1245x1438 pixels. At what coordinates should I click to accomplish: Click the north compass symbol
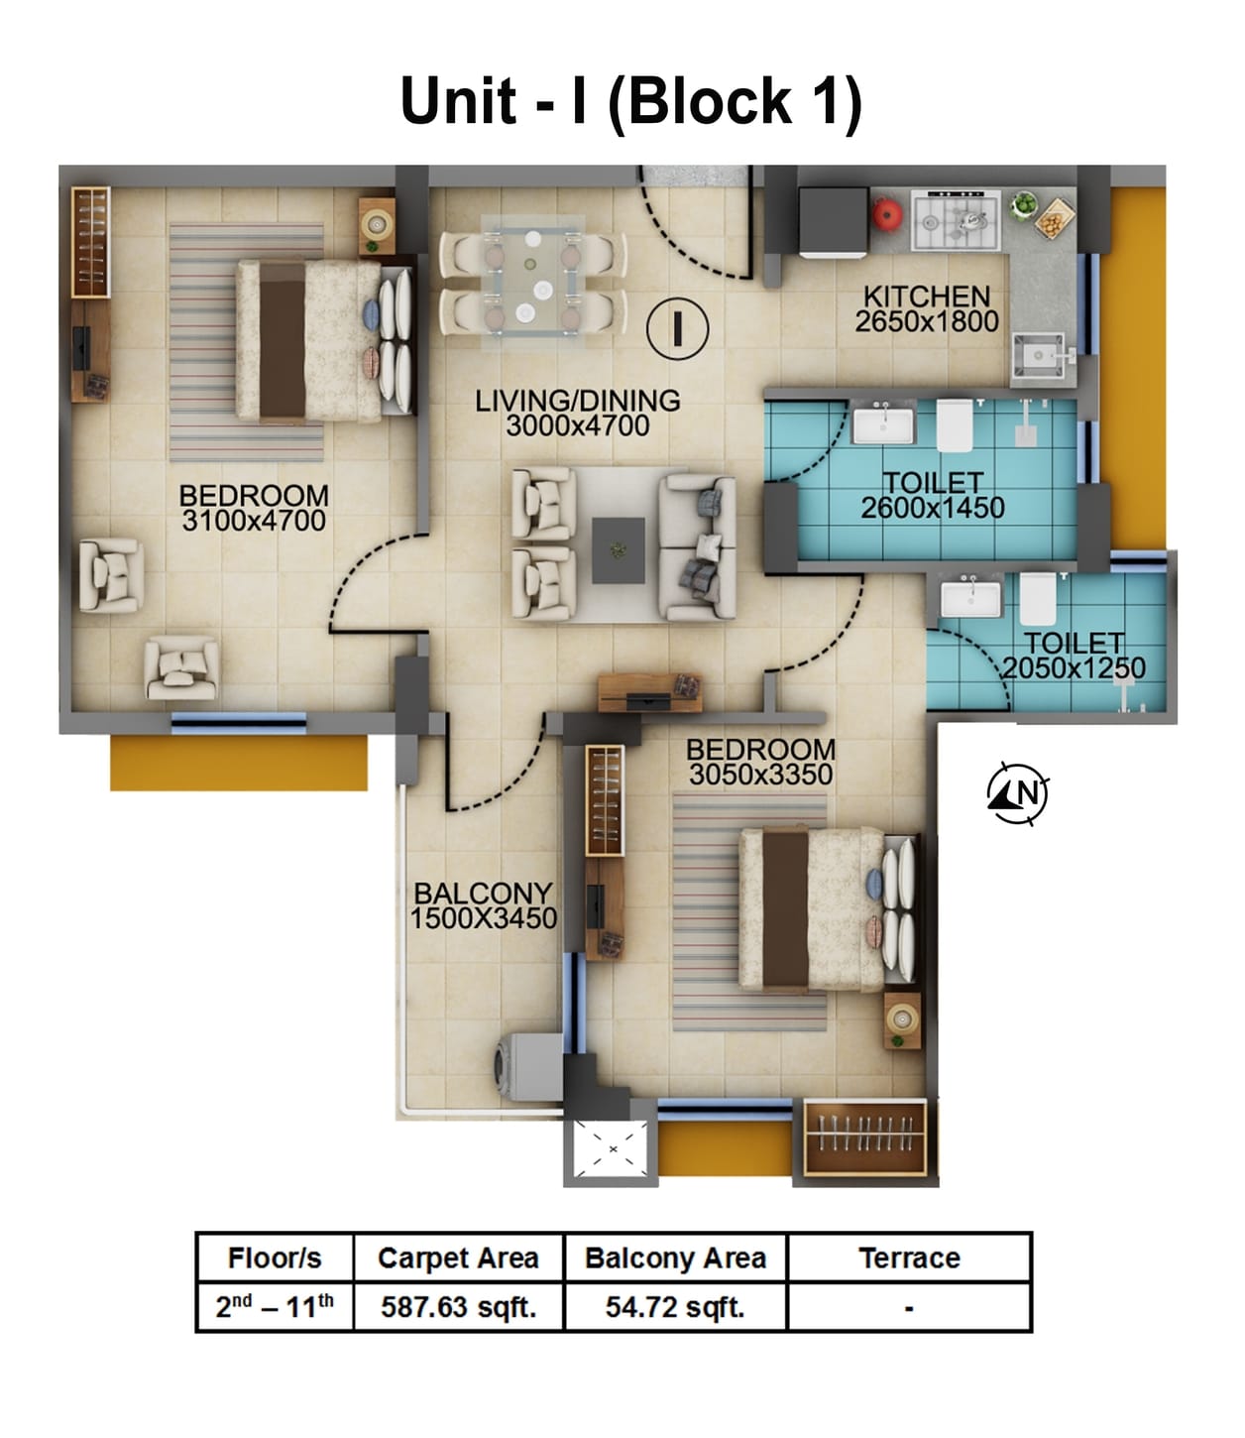pyautogui.click(x=1018, y=793)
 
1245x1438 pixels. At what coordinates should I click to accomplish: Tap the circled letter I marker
pyautogui.click(x=677, y=328)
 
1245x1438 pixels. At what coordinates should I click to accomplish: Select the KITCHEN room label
pyautogui.click(x=926, y=296)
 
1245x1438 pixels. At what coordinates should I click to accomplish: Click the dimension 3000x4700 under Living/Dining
pyautogui.click(x=577, y=426)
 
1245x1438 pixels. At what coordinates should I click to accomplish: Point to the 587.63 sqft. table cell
pyautogui.click(x=458, y=1307)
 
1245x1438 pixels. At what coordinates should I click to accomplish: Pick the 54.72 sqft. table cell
pyautogui.click(x=675, y=1307)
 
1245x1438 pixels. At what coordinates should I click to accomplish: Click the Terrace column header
pyautogui.click(x=909, y=1258)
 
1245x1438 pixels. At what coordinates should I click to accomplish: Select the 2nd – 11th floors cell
pyautogui.click(x=275, y=1307)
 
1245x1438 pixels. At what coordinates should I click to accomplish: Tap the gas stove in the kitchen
pyautogui.click(x=955, y=220)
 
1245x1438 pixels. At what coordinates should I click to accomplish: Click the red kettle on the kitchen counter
pyautogui.click(x=885, y=213)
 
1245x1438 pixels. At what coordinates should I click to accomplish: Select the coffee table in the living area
pyautogui.click(x=619, y=549)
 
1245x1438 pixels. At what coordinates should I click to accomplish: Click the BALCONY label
pyautogui.click(x=483, y=893)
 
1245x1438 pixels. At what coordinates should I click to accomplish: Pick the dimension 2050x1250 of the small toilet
pyautogui.click(x=1074, y=668)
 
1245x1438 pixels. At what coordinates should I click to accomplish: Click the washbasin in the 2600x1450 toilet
pyautogui.click(x=882, y=424)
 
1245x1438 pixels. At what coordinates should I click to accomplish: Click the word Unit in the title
pyautogui.click(x=458, y=101)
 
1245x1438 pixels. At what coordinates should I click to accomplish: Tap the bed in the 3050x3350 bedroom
pyautogui.click(x=813, y=910)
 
